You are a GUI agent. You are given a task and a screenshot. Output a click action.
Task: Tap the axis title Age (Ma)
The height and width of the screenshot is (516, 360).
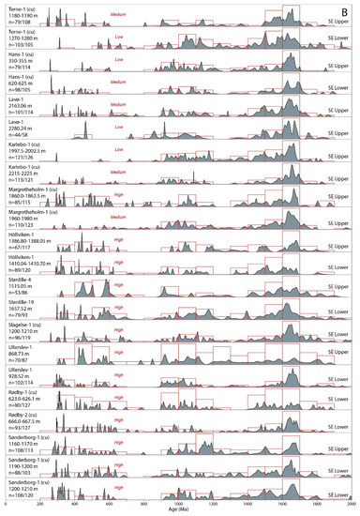(179, 512)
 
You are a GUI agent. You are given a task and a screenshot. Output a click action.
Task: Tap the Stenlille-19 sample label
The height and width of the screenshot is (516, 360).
(21, 308)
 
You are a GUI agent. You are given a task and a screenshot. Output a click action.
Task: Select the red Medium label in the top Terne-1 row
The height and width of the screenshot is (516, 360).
(119, 14)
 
